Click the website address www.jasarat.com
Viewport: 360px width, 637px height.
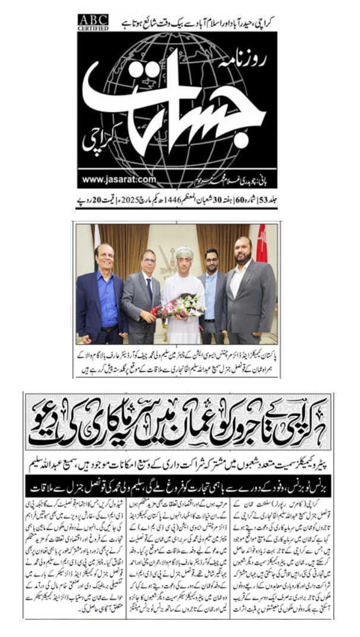119,180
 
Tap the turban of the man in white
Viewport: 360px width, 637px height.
184,252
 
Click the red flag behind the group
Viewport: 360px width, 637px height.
261,240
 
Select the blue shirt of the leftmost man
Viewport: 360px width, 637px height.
108,297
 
